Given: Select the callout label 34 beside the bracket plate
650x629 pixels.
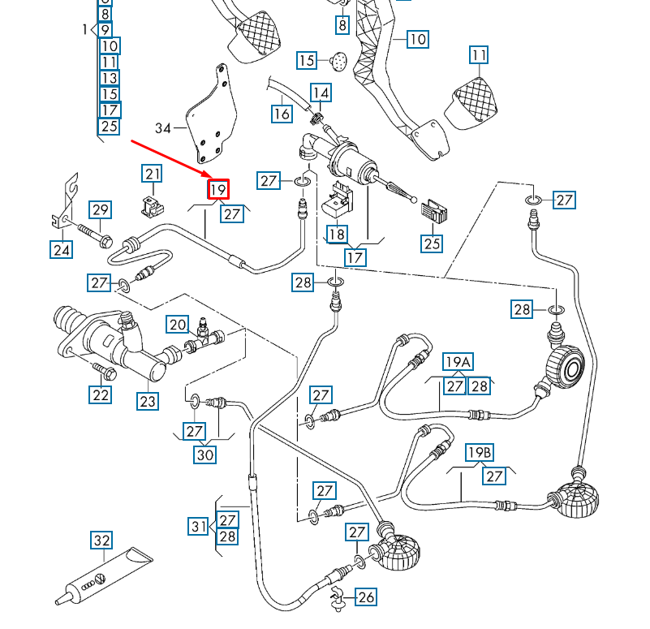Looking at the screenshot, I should pyautogui.click(x=164, y=128).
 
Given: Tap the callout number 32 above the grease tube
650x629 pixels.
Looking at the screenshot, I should pyautogui.click(x=101, y=541).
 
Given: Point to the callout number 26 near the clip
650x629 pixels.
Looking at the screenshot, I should pyautogui.click(x=366, y=598).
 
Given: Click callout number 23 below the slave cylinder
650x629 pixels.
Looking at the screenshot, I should pyautogui.click(x=147, y=401).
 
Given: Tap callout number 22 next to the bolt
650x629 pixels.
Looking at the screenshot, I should pyautogui.click(x=100, y=394).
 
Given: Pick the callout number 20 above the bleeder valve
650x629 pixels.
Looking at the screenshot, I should pyautogui.click(x=178, y=325).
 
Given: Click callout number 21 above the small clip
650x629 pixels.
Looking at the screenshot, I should pyautogui.click(x=153, y=173).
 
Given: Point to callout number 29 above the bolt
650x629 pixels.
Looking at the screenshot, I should pyautogui.click(x=100, y=210).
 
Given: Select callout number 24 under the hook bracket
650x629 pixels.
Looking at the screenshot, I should pyautogui.click(x=62, y=250).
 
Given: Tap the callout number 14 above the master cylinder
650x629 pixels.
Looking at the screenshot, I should pyautogui.click(x=321, y=93).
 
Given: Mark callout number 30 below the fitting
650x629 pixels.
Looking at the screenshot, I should pyautogui.click(x=205, y=455).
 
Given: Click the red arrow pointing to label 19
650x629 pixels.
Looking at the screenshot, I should pyautogui.click(x=170, y=159).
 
